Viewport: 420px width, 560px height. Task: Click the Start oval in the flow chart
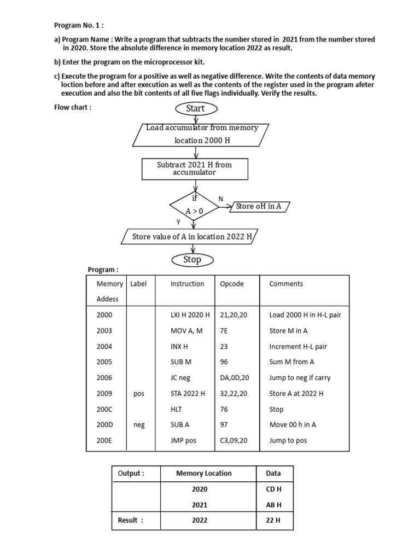(195, 108)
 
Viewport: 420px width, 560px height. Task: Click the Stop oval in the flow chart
(192, 259)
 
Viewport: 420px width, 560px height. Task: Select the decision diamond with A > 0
(195, 206)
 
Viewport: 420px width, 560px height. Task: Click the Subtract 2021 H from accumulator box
(194, 168)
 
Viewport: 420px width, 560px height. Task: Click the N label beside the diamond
(221, 199)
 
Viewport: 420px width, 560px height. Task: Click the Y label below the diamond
(178, 222)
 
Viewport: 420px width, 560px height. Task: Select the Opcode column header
(231, 284)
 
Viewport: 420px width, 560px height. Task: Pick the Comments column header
(285, 284)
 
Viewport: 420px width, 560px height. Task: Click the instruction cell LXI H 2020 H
(190, 315)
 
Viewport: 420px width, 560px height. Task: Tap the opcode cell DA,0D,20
(234, 377)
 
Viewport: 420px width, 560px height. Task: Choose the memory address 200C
(104, 409)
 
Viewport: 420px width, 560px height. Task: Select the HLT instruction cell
(177, 409)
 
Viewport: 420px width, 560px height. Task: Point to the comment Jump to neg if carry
(300, 377)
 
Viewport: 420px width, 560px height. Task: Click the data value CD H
(273, 489)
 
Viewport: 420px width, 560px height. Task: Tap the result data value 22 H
(273, 520)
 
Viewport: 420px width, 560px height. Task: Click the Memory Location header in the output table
(203, 473)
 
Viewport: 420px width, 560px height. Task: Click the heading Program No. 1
(79, 25)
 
